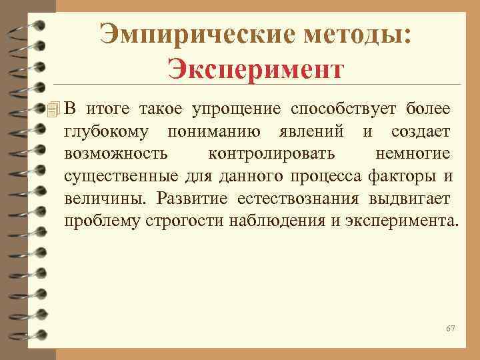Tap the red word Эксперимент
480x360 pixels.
pos(256,67)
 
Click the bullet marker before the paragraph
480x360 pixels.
pos(56,109)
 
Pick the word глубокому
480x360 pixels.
pos(106,131)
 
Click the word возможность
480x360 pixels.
pos(116,154)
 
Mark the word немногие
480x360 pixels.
pos(413,154)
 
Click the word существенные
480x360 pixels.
pos(121,177)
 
